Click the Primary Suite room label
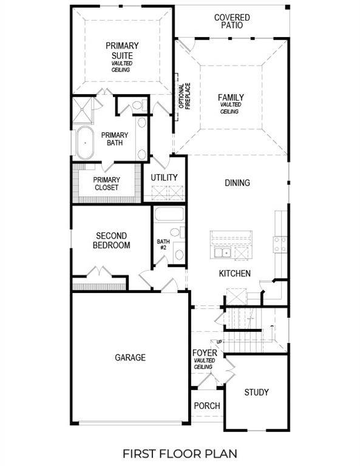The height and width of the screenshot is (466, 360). tap(122, 50)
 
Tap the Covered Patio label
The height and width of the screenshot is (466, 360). tap(232, 21)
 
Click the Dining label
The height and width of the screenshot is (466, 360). tap(237, 183)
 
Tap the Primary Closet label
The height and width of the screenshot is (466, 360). tap(106, 183)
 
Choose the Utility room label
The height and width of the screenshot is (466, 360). tap(165, 178)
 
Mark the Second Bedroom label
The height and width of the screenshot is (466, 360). tap(111, 240)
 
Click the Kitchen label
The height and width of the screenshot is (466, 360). tap(234, 274)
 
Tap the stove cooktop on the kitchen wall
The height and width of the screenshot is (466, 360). tap(280, 244)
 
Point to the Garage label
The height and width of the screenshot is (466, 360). tap(130, 357)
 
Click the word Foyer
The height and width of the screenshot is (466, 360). tap(205, 353)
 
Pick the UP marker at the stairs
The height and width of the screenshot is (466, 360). tap(219, 342)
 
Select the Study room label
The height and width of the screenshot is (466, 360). tap(256, 392)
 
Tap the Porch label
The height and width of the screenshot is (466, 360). tap(206, 406)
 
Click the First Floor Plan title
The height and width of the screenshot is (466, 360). tap(180, 453)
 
